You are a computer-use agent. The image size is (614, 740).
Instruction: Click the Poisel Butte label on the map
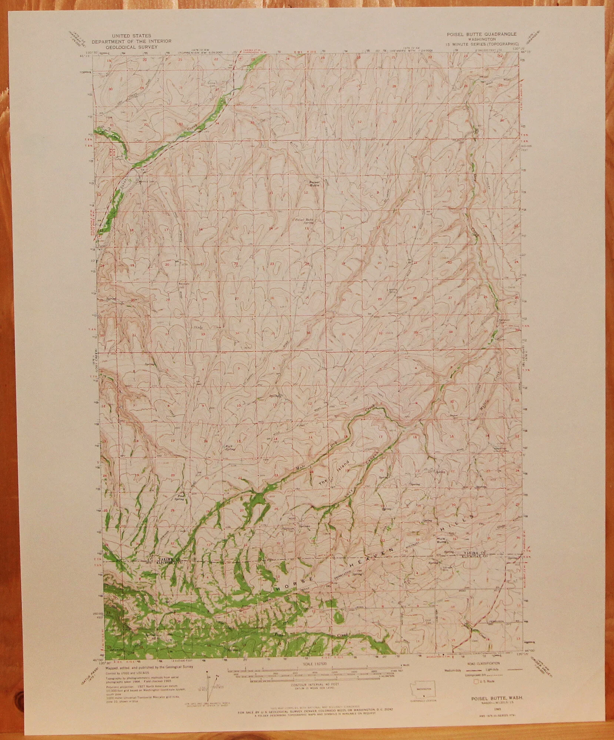[x=314, y=184]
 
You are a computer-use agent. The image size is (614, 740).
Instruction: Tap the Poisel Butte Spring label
[x=304, y=221]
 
